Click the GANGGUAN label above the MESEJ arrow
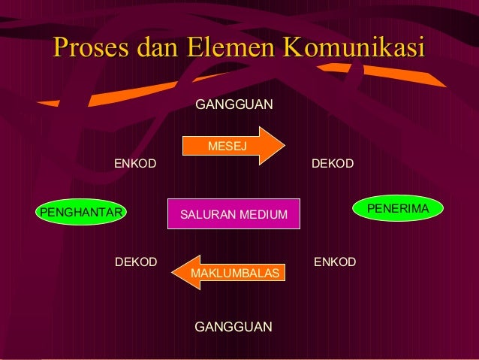coord(234,104)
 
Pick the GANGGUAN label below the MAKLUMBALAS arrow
coord(233,327)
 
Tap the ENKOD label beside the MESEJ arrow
coord(135,163)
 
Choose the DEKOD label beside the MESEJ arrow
coord(333,163)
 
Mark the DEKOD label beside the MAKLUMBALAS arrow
coord(136,262)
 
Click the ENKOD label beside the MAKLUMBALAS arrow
coord(335,262)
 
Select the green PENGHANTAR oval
coord(81,212)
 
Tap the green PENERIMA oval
coord(397,207)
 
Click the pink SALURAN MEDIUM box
coord(233,216)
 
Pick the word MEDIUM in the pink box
coord(262,216)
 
